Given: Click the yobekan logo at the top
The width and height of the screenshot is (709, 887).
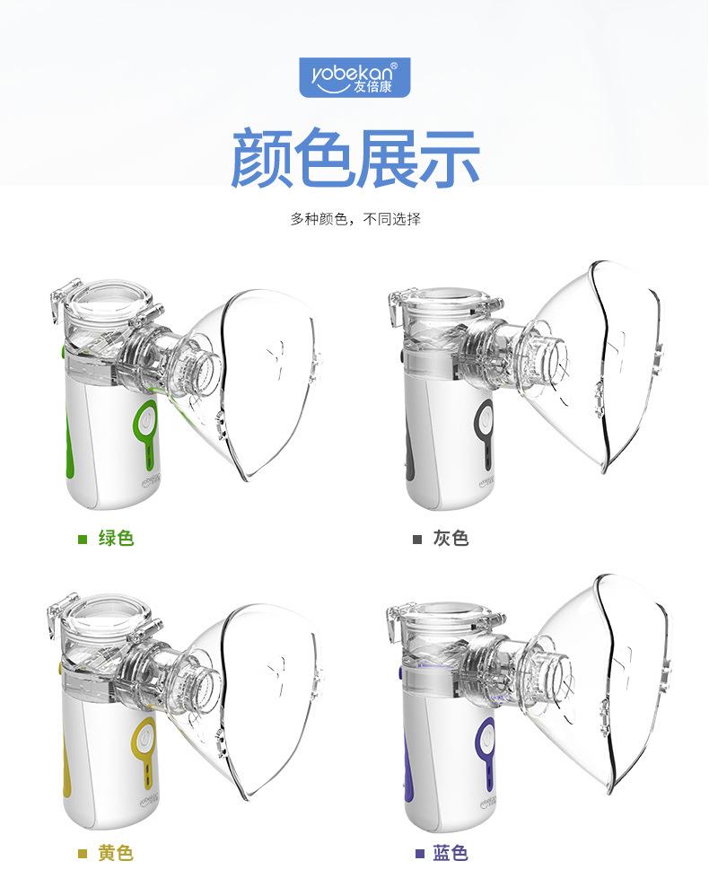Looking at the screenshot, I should [354, 77].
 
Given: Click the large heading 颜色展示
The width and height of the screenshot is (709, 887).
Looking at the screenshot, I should [354, 158].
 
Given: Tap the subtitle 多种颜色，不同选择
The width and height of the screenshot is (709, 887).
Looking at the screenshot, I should [355, 219].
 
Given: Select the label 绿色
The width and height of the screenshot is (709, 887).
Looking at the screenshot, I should [116, 539].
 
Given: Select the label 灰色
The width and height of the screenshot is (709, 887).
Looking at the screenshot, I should [451, 539].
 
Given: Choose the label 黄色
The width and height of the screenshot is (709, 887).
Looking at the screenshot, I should [116, 853].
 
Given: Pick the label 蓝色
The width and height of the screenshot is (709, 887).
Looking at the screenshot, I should [451, 853].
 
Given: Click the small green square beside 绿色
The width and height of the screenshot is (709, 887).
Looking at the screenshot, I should [83, 540].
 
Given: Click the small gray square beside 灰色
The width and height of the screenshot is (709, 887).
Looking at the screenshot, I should [417, 540].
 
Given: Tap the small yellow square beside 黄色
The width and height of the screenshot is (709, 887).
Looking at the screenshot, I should [83, 854].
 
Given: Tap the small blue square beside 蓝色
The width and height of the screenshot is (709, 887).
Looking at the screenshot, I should [418, 854].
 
